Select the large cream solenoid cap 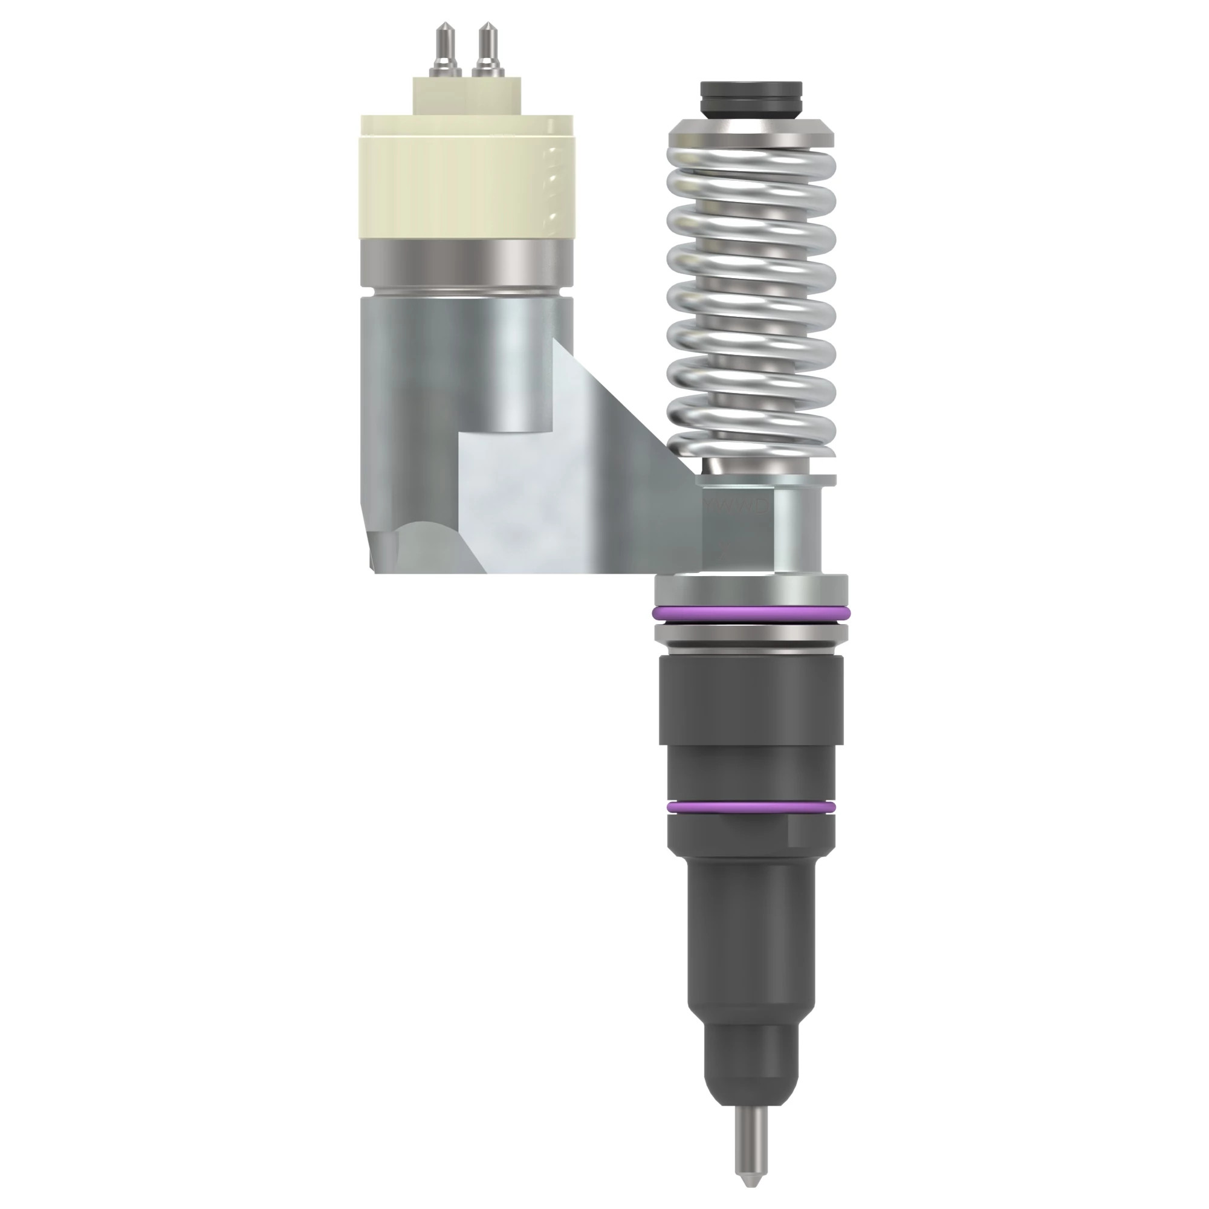click(466, 178)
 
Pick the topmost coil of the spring click(751, 164)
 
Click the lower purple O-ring click(751, 808)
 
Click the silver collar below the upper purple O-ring click(751, 634)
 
